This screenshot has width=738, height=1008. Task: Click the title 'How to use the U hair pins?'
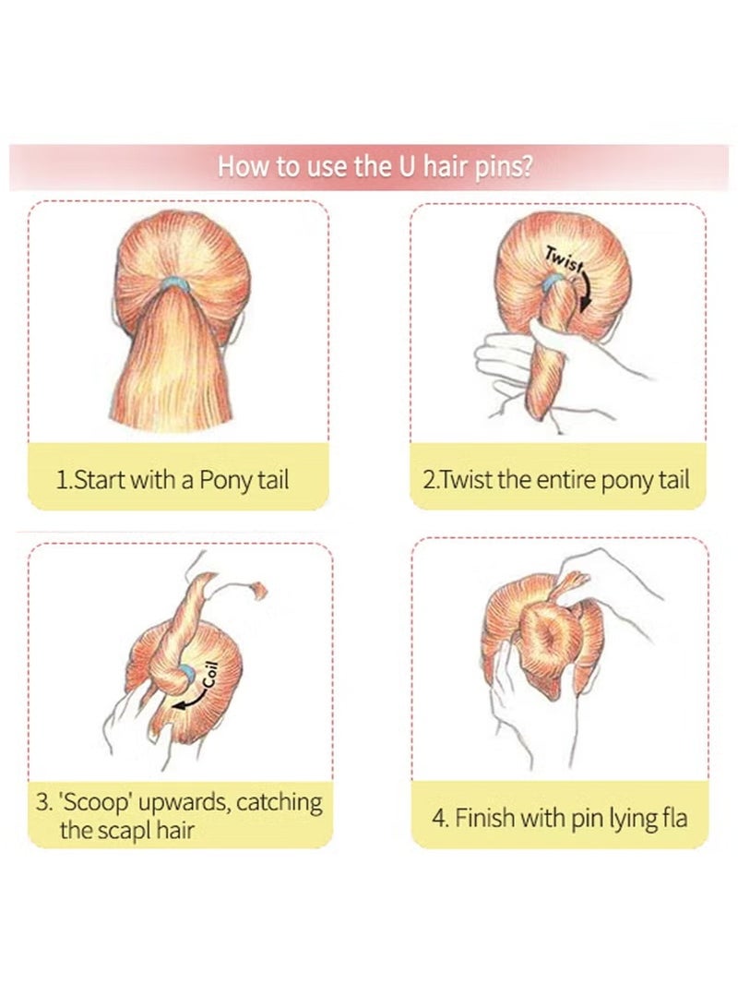375,166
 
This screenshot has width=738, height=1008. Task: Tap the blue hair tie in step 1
174,283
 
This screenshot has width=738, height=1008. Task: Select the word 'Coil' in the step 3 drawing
212,675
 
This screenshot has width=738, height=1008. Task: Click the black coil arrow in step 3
191,701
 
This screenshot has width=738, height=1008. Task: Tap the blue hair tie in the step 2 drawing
551,281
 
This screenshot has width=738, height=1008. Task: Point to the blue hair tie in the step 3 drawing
187,672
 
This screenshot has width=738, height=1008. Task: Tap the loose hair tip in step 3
258,590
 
